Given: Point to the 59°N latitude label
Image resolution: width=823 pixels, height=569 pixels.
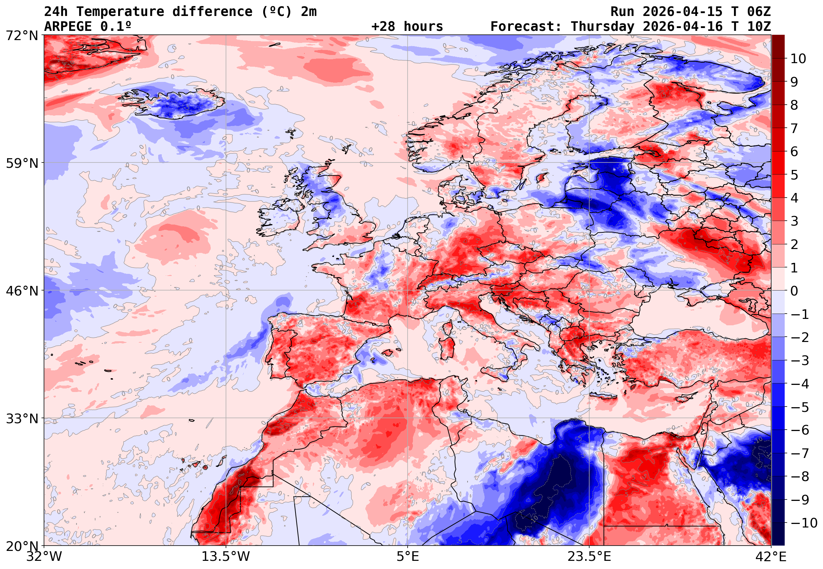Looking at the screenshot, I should click(22, 163).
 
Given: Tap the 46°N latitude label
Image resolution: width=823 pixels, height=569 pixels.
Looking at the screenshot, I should click(22, 291).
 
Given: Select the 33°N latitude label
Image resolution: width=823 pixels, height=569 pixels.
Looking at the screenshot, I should click(22, 419).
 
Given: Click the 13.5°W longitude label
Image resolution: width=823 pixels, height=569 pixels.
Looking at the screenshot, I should click(226, 557).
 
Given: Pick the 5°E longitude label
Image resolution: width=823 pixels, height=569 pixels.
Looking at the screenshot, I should click(407, 557).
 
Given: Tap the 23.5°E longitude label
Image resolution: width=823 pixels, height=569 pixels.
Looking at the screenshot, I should click(589, 557).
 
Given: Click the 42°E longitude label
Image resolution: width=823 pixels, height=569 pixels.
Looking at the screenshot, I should click(770, 557).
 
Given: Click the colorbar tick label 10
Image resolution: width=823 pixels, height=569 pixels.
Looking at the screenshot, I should click(798, 59).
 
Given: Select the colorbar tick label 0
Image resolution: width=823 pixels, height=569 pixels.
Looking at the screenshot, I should click(794, 291).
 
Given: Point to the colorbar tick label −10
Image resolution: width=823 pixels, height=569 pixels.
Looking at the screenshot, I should click(804, 523).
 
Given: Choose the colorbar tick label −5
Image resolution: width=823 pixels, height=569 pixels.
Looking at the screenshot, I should click(800, 407).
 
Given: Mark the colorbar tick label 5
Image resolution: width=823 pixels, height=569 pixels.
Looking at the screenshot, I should click(794, 175).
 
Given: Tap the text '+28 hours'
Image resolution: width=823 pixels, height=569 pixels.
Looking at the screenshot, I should click(407, 27).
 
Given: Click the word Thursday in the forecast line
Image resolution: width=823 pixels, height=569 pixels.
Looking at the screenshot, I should click(602, 27).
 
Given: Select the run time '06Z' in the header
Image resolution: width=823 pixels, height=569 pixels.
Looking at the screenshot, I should click(759, 12).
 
